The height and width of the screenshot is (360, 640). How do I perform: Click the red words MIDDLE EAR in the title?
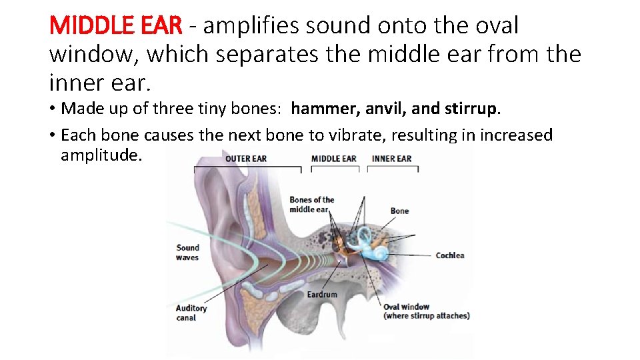click(115, 25)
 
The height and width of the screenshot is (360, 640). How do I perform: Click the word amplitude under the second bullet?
click(101, 155)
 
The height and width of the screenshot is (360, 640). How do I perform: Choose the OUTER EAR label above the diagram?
click(246, 159)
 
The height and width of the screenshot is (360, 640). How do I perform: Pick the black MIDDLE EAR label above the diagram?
click(333, 159)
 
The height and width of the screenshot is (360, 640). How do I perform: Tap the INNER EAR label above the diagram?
click(392, 159)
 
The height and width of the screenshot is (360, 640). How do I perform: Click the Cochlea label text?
click(450, 255)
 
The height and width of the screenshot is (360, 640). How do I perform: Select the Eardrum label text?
click(322, 294)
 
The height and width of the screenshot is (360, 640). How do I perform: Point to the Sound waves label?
click(187, 252)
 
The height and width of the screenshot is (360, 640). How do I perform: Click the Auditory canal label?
click(191, 313)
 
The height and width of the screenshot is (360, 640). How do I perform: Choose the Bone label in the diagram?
click(400, 211)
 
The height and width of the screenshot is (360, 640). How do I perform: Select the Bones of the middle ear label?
click(311, 205)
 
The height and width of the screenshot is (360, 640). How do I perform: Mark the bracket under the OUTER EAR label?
click(247, 168)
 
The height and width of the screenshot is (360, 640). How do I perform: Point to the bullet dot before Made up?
click(52, 108)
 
